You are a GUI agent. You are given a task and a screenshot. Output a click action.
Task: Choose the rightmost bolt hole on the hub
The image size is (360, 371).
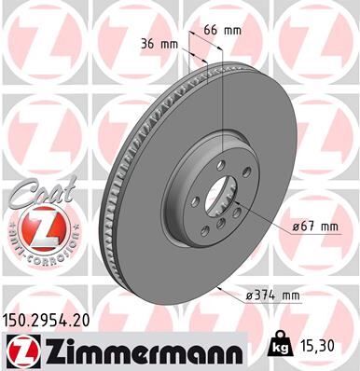(x=240, y=197)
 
